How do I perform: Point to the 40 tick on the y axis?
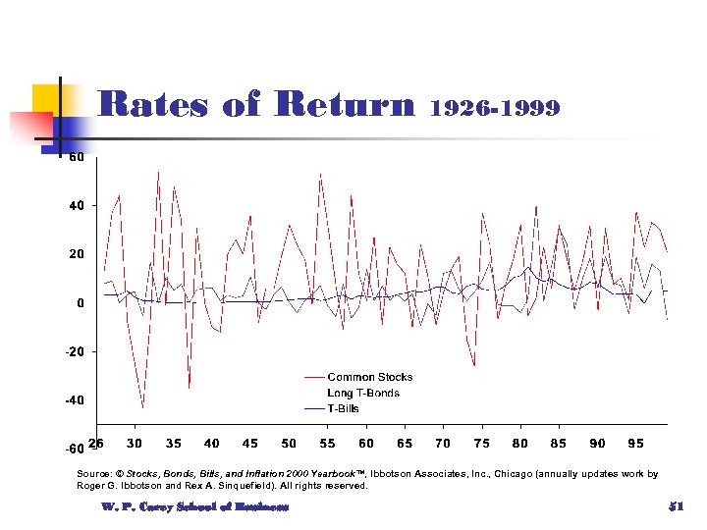click(x=75, y=206)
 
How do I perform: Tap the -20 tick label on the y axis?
click(x=73, y=351)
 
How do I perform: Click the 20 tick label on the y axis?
click(x=75, y=254)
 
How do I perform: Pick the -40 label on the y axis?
click(x=73, y=400)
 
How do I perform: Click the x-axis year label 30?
click(x=135, y=444)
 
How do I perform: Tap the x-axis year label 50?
click(x=289, y=444)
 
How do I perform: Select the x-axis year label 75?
click(x=481, y=444)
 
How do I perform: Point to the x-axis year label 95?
click(x=635, y=444)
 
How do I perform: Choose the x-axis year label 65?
click(x=405, y=444)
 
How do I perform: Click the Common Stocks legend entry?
click(x=369, y=377)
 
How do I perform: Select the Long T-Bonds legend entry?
click(x=363, y=393)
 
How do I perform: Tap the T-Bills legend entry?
click(x=343, y=408)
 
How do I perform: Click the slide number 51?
click(x=675, y=505)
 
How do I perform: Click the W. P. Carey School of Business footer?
click(x=194, y=506)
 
